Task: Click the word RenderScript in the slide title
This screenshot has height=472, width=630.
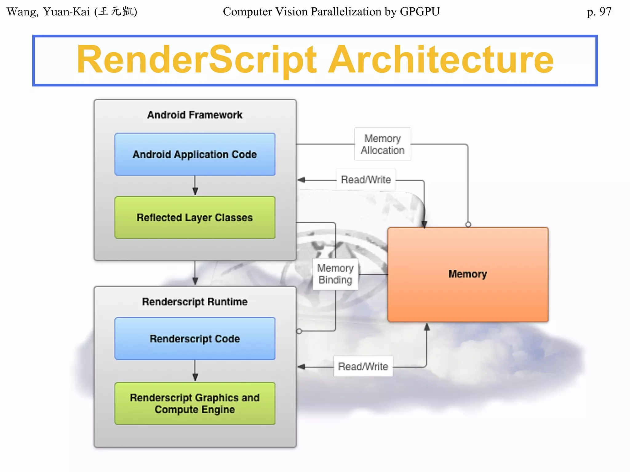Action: click(x=196, y=60)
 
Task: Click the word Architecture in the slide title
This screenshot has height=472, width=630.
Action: click(x=441, y=60)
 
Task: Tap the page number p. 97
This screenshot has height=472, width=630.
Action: click(x=599, y=12)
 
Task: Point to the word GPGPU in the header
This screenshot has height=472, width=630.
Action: click(x=420, y=12)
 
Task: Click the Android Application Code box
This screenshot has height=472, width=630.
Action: click(x=195, y=154)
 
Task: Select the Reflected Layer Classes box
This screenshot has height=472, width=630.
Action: click(x=195, y=218)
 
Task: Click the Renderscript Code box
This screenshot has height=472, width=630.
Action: click(x=195, y=339)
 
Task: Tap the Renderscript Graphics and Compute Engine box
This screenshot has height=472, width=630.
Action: click(x=195, y=403)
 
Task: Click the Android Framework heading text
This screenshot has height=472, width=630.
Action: click(x=195, y=115)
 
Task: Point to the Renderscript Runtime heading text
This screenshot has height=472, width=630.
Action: click(x=195, y=302)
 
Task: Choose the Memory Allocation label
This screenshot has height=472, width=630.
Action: click(x=382, y=144)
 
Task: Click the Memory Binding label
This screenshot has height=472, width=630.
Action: click(x=335, y=274)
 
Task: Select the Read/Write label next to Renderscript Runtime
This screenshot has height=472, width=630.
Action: click(x=363, y=366)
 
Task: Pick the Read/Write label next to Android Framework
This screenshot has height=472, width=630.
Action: click(x=366, y=179)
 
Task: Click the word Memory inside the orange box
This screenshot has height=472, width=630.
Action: click(x=468, y=274)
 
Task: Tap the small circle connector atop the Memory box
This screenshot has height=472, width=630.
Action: click(x=468, y=224)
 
